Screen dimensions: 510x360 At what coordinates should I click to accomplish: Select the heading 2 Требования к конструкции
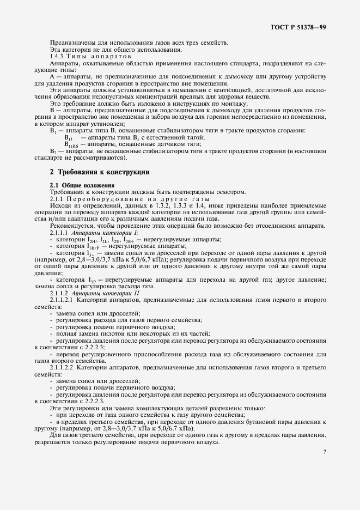pyautogui.click(x=100, y=172)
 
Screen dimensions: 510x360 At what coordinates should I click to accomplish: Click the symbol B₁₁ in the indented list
pyautogui.click(x=69, y=138)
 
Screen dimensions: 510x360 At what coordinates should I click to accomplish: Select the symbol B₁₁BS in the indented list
pyautogui.click(x=71, y=144)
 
